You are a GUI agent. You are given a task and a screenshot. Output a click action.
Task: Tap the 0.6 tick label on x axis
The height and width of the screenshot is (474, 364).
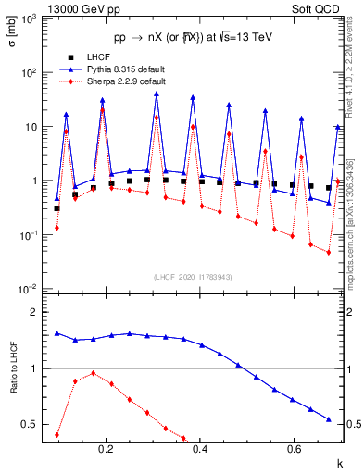tap(294, 448)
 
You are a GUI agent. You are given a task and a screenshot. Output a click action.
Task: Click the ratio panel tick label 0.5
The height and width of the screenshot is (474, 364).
tap(38, 425)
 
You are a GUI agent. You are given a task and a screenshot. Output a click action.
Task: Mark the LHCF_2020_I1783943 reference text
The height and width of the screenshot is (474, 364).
tap(194, 277)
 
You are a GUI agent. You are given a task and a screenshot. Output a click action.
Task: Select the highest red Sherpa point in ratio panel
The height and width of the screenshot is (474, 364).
tap(94, 373)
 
